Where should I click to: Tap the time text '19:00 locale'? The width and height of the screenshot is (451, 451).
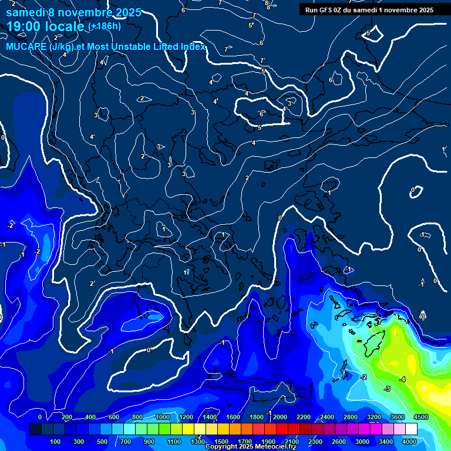click(45, 26)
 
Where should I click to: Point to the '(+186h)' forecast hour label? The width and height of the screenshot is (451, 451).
click(104, 26)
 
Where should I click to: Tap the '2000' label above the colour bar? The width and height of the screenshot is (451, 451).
click(280, 417)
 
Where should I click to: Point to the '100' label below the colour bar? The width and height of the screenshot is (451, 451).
click(56, 441)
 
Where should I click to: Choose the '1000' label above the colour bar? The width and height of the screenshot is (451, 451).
click(162, 417)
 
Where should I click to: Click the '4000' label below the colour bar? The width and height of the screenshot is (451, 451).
click(409, 441)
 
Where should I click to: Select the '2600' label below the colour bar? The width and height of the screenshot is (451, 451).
click(339, 441)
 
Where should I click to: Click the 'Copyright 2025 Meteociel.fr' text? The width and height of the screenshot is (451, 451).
click(251, 447)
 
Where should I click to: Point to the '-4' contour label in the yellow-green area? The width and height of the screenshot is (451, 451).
click(402, 379)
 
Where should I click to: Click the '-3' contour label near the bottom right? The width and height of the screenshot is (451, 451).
click(387, 389)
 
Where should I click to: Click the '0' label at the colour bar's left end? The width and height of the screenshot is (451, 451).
click(39, 417)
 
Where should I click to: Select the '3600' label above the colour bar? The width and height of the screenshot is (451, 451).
click(398, 417)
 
